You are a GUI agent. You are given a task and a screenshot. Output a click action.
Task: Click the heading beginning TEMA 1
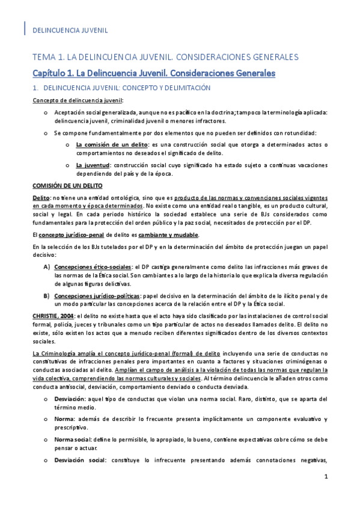[165, 57]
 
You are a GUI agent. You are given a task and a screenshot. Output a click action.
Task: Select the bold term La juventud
[93, 165]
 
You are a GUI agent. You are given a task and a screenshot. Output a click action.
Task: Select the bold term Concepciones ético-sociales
[93, 267]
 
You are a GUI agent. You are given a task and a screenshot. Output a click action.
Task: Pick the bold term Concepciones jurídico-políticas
[97, 296]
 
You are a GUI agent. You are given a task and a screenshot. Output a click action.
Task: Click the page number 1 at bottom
[325, 494]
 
